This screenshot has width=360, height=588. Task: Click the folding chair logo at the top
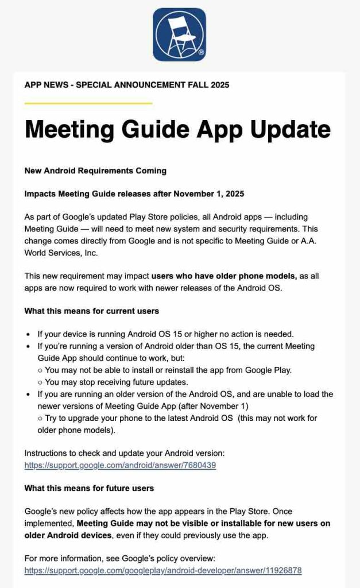179,34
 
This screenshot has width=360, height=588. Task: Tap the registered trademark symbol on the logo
201,52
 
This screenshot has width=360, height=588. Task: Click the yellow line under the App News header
88,103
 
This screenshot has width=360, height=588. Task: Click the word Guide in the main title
162,129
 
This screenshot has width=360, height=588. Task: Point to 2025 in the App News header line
219,85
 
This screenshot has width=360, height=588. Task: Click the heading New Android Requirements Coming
95,171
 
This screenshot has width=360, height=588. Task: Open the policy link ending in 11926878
162,571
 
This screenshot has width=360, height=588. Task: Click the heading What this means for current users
92,311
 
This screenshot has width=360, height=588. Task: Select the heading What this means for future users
89,489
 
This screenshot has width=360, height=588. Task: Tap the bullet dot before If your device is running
28,334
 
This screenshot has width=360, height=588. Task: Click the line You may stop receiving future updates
117,382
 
